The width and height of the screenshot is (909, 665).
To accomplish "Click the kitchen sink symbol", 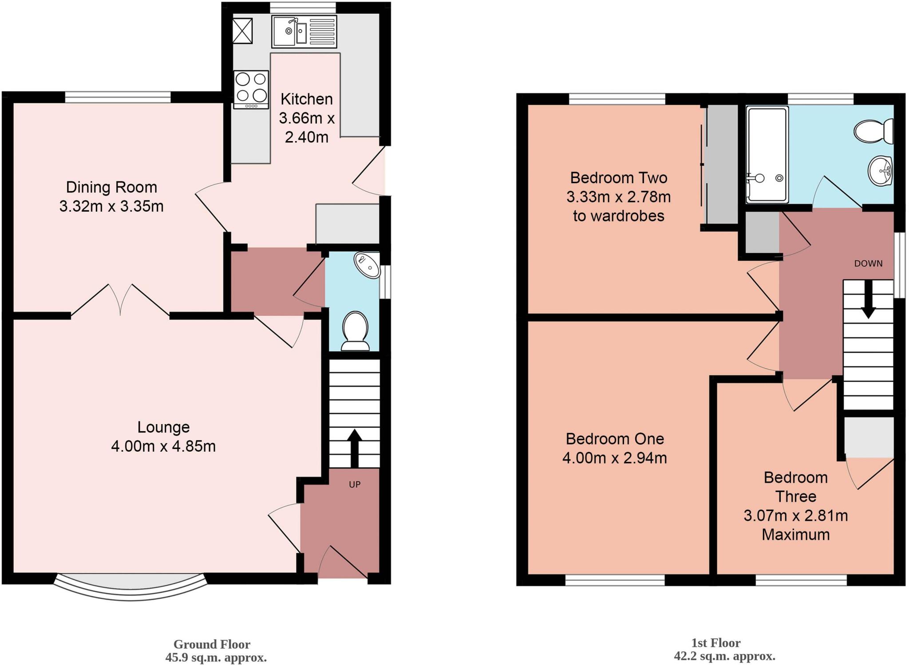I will (304, 31).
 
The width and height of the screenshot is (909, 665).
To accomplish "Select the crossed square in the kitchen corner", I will (242, 31).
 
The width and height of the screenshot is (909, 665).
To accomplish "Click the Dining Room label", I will (111, 187).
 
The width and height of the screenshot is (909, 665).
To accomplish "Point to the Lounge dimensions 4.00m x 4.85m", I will (163, 446).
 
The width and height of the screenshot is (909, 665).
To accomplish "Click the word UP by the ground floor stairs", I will (354, 484).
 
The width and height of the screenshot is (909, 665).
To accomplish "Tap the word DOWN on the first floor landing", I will (868, 264).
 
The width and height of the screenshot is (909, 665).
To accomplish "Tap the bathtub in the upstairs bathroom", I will (767, 155).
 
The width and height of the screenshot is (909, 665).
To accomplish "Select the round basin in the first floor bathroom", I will (880, 171).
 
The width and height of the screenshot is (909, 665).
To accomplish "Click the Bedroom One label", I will (615, 439).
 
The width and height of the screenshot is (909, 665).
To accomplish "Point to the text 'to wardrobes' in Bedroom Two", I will (618, 216).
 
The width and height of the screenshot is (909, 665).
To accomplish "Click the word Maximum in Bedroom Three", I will (795, 535).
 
